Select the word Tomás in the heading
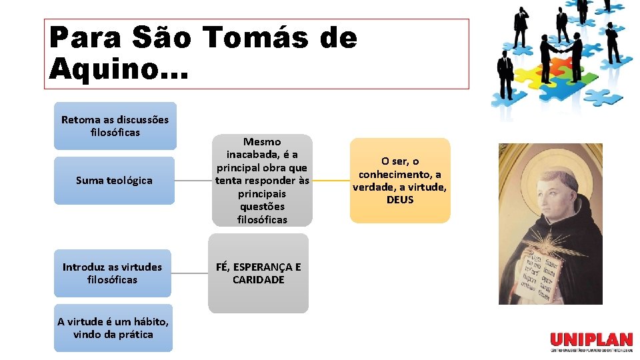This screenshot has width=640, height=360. click(256, 37)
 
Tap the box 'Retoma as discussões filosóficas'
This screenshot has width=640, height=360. click(115, 125)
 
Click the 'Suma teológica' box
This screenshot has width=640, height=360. click(114, 180)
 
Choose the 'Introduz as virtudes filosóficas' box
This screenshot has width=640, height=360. click(112, 273)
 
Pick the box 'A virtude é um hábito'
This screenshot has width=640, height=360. click(113, 327)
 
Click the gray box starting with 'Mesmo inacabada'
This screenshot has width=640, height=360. click(262, 180)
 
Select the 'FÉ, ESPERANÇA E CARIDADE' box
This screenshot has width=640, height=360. click(259, 273)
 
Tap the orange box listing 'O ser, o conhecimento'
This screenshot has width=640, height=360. click(400, 180)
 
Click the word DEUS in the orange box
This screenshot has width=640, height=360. click(400, 199)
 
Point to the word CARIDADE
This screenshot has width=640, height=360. click(259, 279)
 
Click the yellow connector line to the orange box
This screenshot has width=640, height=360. click(331, 180)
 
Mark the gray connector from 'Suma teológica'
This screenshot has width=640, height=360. click(193, 180)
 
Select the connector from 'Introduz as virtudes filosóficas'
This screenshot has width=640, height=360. click(189, 273)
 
